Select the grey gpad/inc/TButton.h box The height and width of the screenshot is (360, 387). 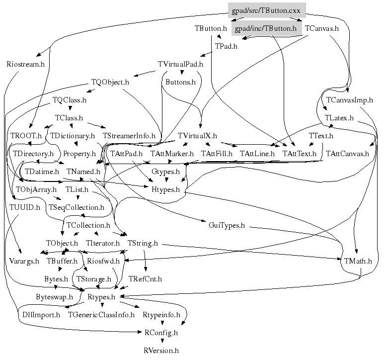(x=266, y=28)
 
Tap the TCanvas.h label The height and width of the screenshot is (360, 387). (x=321, y=28)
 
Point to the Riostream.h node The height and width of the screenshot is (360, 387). (x=26, y=64)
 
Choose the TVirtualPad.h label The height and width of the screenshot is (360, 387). (x=180, y=64)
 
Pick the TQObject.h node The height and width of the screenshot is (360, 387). (x=110, y=82)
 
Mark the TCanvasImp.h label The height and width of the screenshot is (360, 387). (x=349, y=100)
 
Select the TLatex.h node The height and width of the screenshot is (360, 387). (x=339, y=118)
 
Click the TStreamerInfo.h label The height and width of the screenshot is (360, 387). (x=129, y=135)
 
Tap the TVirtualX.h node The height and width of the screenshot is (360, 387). (x=197, y=135)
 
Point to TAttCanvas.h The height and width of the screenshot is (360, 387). (x=348, y=153)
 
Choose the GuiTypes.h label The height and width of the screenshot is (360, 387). (x=227, y=225)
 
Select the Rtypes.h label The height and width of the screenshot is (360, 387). (x=101, y=297)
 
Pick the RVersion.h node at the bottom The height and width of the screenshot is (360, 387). (x=160, y=351)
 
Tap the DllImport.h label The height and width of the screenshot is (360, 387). (x=41, y=315)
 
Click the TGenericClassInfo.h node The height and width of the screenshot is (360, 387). (x=101, y=315)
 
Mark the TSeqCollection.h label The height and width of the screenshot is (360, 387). (x=76, y=207)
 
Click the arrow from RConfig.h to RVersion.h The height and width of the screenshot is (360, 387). (x=160, y=342)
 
